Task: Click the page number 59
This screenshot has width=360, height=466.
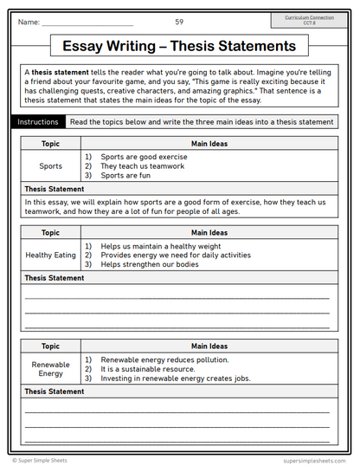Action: [179, 22]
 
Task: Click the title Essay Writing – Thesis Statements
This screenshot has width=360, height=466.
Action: [179, 46]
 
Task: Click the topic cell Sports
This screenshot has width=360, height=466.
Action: [51, 165]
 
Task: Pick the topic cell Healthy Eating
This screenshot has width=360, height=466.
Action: [51, 256]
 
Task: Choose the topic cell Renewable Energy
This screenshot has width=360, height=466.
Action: [51, 369]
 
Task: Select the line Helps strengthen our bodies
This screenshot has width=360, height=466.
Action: [149, 264]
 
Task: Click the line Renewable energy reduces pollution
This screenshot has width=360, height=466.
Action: [164, 359]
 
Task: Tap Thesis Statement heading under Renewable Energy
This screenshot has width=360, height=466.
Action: [55, 392]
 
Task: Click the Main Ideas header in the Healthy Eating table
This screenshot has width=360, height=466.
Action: [209, 232]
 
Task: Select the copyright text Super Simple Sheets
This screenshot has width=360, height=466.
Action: [43, 461]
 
